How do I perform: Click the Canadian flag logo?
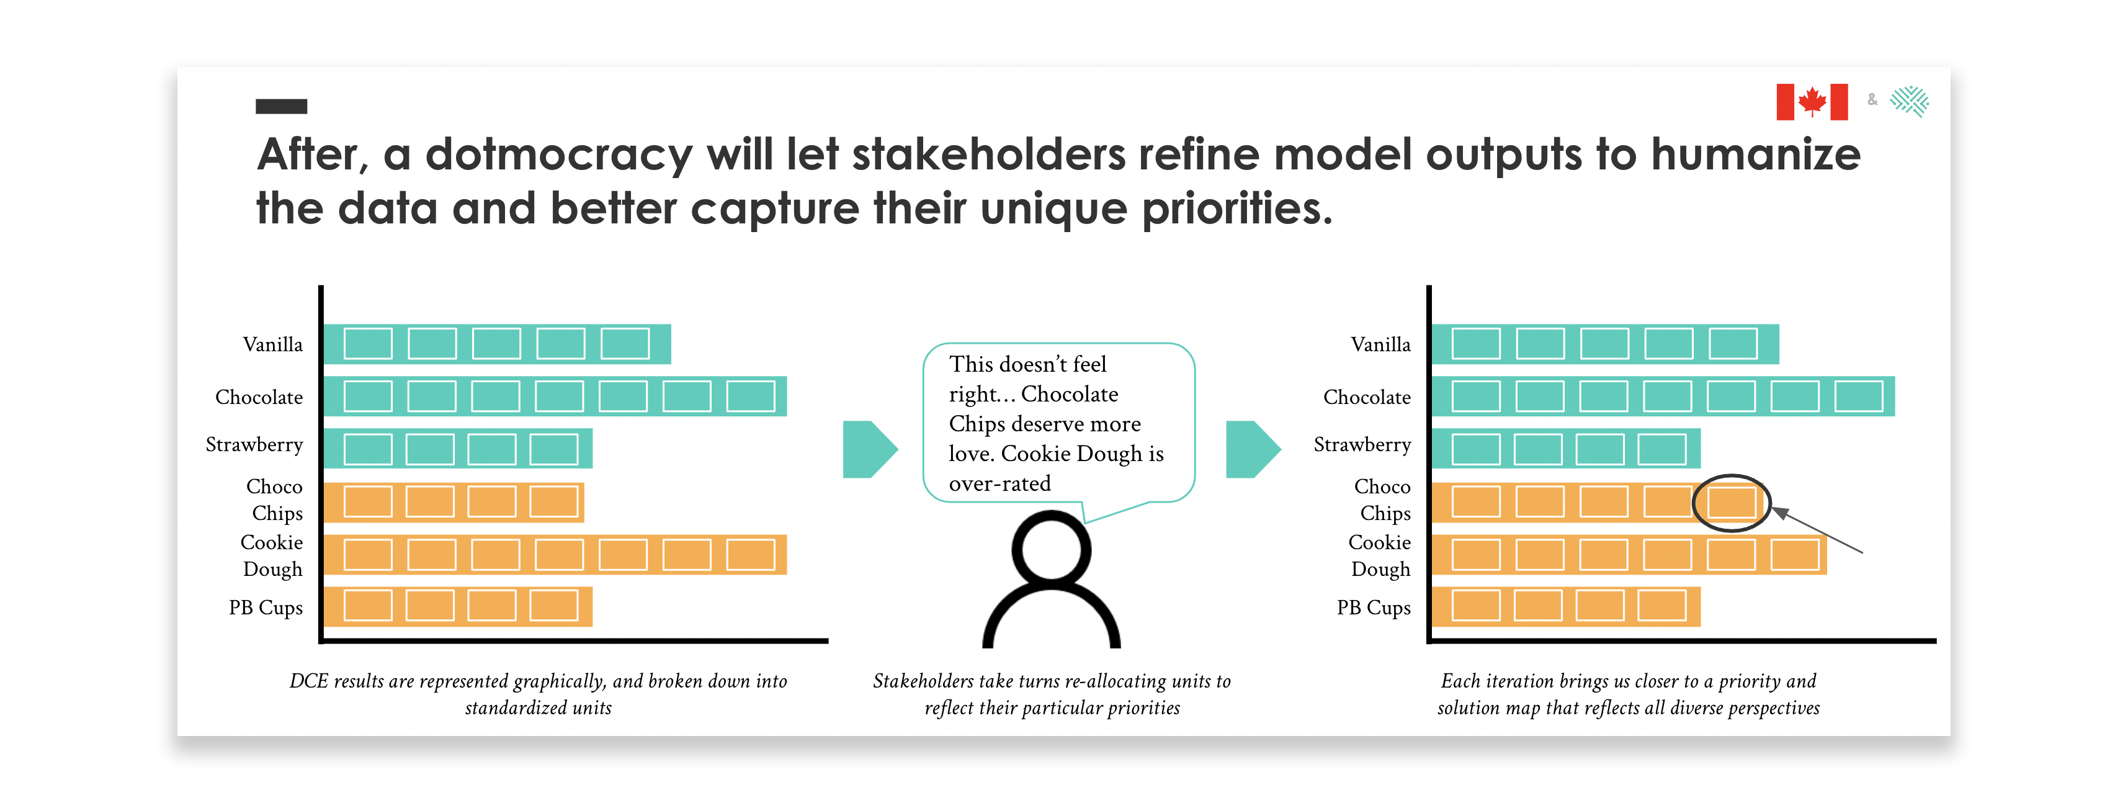coord(1812,102)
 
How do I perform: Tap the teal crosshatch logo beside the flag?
coord(1909,102)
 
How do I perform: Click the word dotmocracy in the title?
coord(558,155)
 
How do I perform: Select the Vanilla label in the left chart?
coord(272,344)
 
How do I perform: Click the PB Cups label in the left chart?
coord(266,608)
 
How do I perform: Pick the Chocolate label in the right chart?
coord(1367,397)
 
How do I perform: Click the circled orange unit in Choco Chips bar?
coord(1732,502)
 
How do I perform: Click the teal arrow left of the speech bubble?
coord(870,449)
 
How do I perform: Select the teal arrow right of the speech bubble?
coord(1253,449)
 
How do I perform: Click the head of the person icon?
coord(1051,549)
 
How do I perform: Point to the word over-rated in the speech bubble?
coord(999,483)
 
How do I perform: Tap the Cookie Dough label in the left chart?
coord(272,556)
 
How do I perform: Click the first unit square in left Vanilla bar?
coord(368,344)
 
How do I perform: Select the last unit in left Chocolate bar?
coord(750,397)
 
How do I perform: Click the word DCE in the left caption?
coord(308,681)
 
